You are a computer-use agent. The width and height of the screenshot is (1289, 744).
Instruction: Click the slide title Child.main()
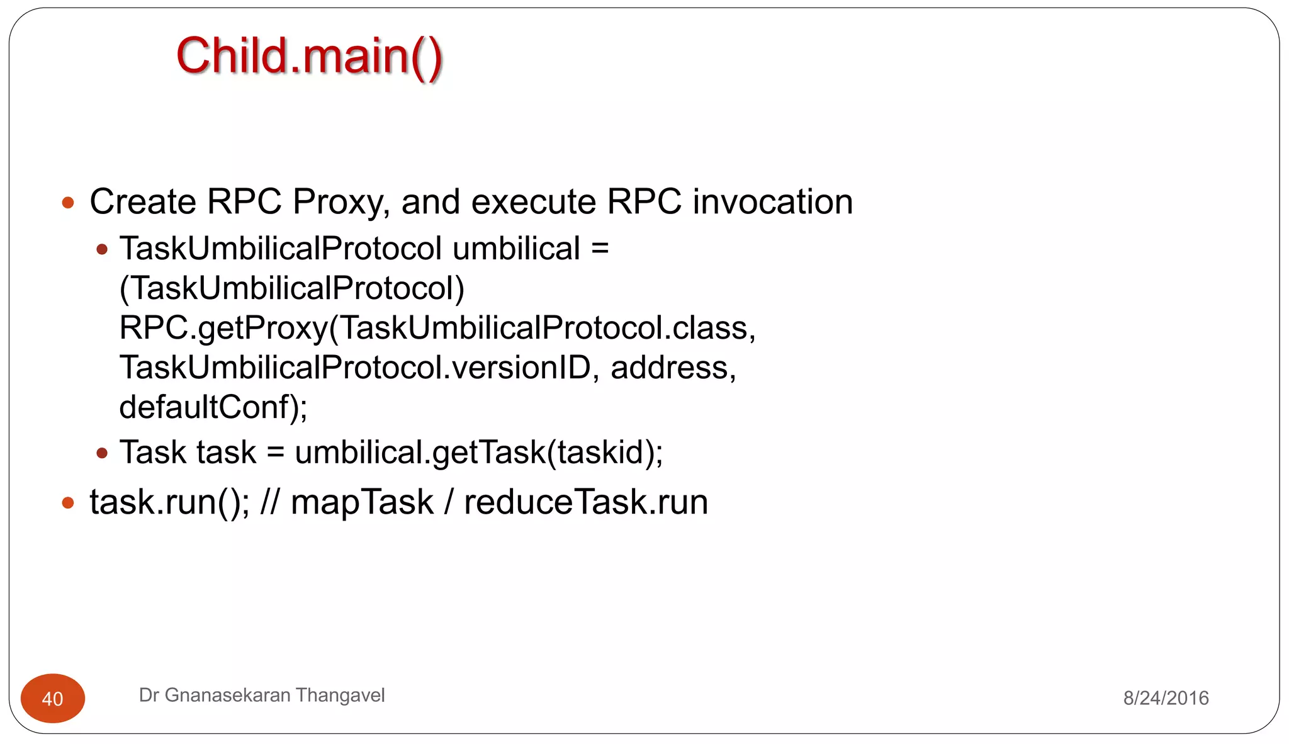pyautogui.click(x=309, y=57)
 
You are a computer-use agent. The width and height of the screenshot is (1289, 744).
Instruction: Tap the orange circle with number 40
pyautogui.click(x=53, y=698)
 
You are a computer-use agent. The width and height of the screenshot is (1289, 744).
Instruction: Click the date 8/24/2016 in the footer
pyautogui.click(x=1166, y=698)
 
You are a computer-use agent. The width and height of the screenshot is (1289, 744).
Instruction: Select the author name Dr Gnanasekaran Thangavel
pyautogui.click(x=261, y=695)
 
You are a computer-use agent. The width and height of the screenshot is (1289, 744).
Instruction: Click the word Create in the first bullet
pyautogui.click(x=143, y=202)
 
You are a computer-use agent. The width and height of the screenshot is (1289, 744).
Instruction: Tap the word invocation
pyautogui.click(x=772, y=202)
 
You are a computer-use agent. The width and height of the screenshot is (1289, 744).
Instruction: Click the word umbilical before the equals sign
pyautogui.click(x=516, y=249)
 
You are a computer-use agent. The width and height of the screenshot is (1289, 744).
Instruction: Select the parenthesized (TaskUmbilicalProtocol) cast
pyautogui.click(x=291, y=288)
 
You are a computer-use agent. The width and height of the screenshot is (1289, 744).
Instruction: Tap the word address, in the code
pyautogui.click(x=673, y=368)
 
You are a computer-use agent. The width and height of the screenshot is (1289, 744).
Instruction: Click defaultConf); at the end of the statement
pyautogui.click(x=213, y=407)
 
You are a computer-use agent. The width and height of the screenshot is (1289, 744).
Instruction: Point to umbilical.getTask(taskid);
pyautogui.click(x=478, y=453)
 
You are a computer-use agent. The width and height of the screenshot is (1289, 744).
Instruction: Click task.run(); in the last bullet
pyautogui.click(x=169, y=502)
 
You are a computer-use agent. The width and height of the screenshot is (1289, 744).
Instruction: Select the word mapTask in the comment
pyautogui.click(x=362, y=502)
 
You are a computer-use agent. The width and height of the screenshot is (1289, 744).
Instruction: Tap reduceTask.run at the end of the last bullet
pyautogui.click(x=585, y=502)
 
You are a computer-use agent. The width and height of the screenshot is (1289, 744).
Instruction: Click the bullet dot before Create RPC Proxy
pyautogui.click(x=68, y=203)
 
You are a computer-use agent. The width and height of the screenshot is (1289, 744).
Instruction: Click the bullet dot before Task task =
pyautogui.click(x=102, y=453)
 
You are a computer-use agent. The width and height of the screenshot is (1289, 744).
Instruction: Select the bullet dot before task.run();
pyautogui.click(x=68, y=503)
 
